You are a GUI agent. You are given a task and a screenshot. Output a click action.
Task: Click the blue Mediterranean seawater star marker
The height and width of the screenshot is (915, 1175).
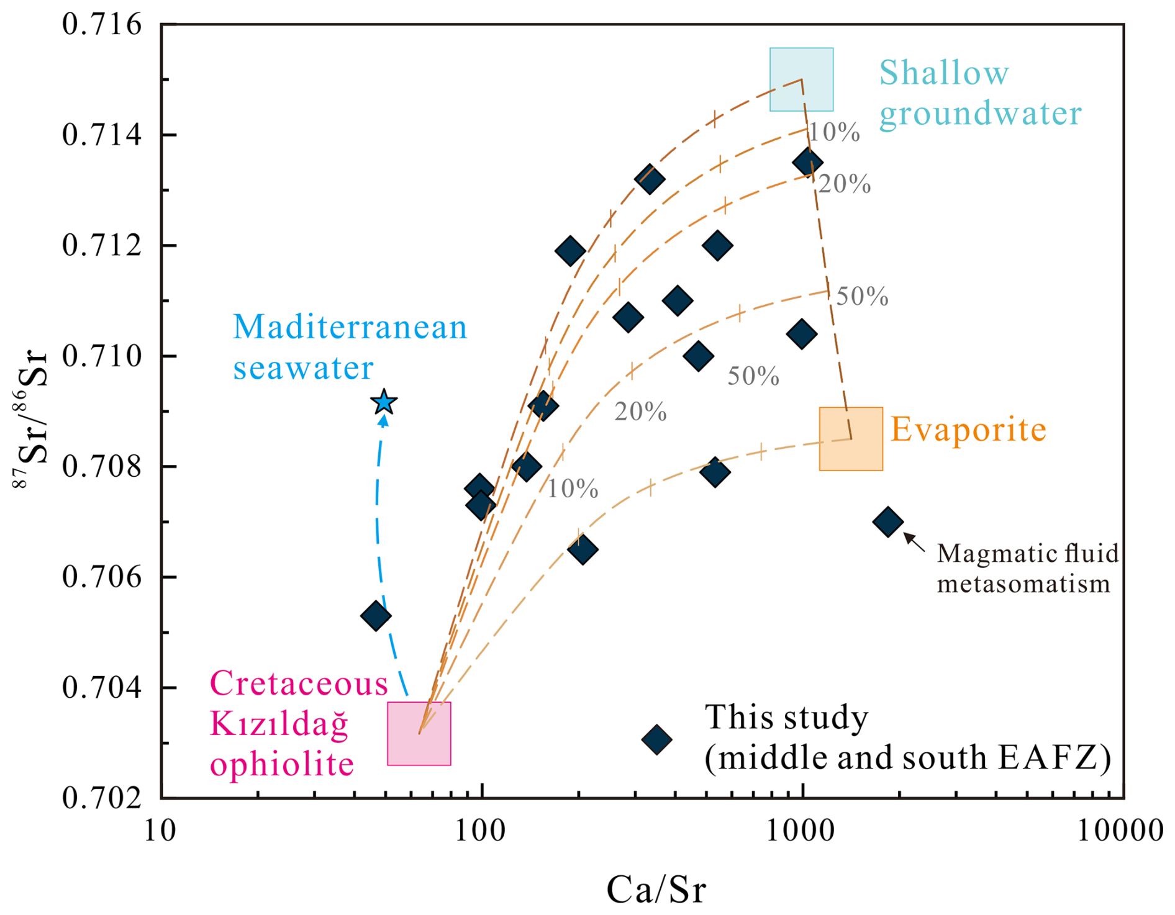(384, 402)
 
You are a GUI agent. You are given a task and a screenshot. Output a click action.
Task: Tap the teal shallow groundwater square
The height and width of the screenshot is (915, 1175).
(801, 79)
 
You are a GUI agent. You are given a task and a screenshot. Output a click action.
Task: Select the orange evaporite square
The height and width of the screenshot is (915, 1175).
(851, 439)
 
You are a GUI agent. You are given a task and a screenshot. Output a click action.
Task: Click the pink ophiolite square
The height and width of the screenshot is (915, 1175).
(419, 734)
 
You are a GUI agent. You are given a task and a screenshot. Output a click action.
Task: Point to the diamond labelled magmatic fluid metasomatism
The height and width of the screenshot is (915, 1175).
(888, 521)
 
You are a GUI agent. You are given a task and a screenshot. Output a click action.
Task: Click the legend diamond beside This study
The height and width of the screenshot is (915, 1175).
(657, 739)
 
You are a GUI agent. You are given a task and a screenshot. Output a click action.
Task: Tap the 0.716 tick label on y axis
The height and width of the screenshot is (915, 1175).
(102, 25)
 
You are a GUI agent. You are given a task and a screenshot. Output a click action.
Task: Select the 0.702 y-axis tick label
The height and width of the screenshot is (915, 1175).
(102, 798)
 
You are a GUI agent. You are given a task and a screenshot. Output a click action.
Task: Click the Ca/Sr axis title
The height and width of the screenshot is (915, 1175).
(656, 890)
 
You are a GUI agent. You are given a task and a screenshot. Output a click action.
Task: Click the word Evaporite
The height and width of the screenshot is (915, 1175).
(969, 430)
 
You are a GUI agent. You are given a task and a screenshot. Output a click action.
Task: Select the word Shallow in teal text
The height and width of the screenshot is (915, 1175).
(944, 73)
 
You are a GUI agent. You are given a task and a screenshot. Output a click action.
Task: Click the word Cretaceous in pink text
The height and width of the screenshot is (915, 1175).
(299, 683)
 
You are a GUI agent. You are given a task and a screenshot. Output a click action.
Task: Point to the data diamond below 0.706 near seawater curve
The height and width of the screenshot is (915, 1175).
(376, 616)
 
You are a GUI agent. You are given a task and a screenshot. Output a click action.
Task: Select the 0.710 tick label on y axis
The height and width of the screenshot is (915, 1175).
(102, 356)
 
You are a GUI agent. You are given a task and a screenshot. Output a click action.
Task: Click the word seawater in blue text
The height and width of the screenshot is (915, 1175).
(303, 367)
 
